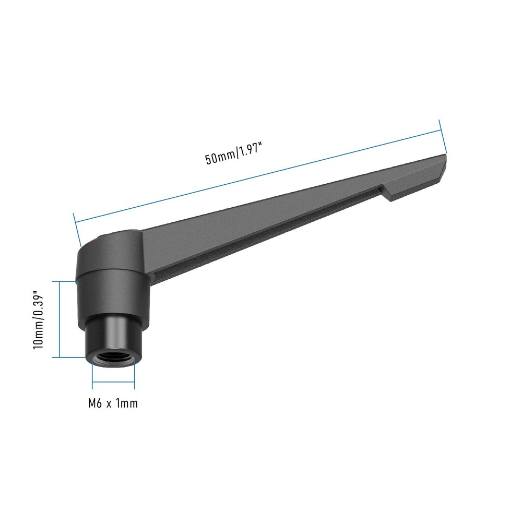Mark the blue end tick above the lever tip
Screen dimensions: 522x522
click(443, 136)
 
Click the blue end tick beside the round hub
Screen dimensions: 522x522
click(78, 230)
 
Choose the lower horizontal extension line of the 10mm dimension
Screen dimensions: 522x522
click(70, 357)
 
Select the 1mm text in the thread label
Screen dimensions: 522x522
click(128, 404)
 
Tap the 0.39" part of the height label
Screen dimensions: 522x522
click(38, 305)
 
